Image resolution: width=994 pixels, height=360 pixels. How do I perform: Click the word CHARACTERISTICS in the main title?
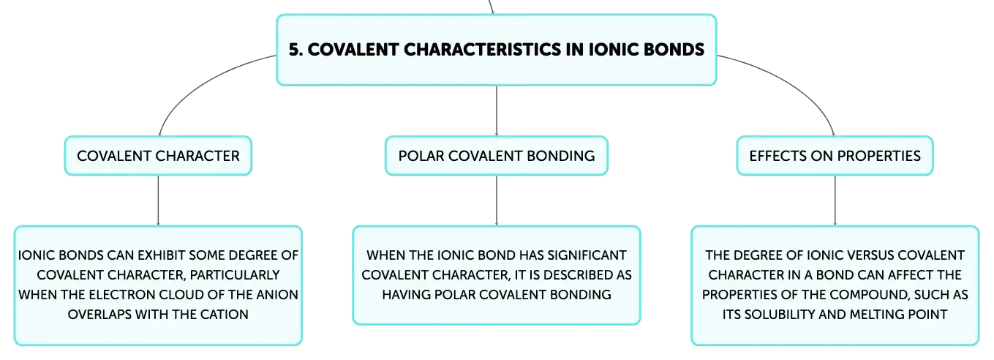click(482, 49)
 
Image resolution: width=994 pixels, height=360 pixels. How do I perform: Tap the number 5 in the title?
click(294, 49)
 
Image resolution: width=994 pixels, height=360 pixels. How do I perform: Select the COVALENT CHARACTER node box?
click(158, 156)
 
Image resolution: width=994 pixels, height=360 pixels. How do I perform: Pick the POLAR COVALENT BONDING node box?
click(497, 156)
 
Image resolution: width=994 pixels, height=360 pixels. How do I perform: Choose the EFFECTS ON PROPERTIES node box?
click(835, 156)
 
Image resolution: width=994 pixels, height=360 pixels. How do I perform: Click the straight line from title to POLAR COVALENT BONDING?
click(497, 111)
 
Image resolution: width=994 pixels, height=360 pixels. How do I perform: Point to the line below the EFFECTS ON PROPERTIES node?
click(835, 200)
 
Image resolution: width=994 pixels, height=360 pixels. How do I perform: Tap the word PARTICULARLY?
click(235, 275)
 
